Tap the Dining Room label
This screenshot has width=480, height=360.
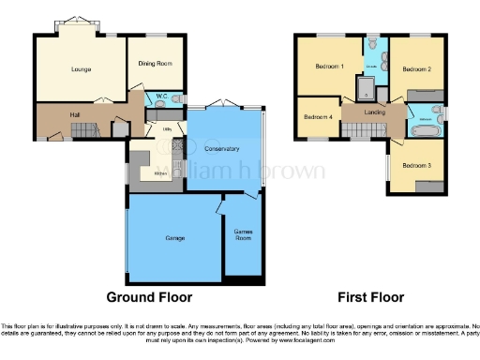[157, 63]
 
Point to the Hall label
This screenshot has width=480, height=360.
[75, 115]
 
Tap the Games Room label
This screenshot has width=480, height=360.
[242, 234]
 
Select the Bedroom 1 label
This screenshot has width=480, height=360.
[329, 67]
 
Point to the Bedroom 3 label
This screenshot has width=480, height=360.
[416, 165]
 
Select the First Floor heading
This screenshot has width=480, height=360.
[370, 297]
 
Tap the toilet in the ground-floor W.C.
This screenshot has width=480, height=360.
[178, 98]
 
